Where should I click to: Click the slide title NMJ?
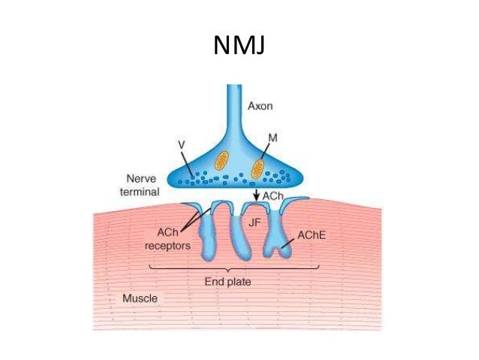coord(239,47)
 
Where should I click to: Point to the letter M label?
coord(273,138)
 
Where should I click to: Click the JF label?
coord(254,222)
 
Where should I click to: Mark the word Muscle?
coord(140,298)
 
